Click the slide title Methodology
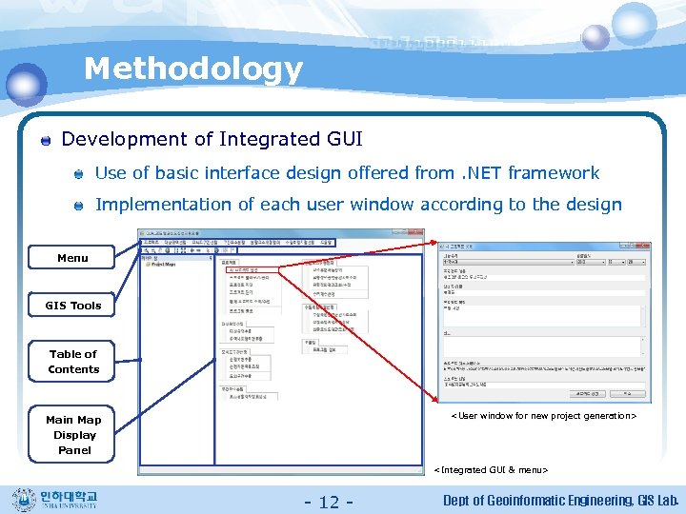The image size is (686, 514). pos(192,69)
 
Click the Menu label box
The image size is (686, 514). pos(72,258)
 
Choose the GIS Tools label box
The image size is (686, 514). pos(72,306)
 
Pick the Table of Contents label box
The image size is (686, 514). pos(73,361)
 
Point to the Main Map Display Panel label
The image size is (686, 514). pos(73,434)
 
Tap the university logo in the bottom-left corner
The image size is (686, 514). pos(60,499)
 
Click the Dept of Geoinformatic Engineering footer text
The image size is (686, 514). pos(534,501)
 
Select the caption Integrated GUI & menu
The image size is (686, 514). pos(491,469)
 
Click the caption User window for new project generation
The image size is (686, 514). pos(543,416)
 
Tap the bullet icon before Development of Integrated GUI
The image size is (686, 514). pos(46,141)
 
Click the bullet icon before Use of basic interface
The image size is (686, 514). pos(81,174)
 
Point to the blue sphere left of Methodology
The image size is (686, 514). pos(26,84)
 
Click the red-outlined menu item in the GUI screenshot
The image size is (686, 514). pos(249,269)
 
